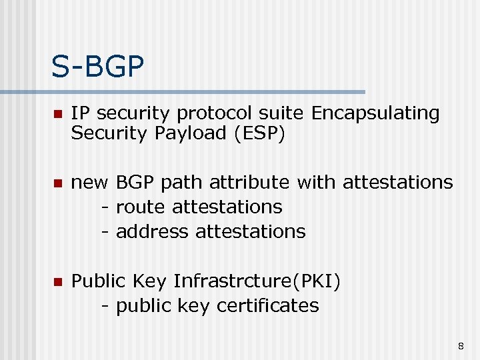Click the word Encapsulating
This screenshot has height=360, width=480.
[375, 114]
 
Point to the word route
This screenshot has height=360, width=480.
[141, 207]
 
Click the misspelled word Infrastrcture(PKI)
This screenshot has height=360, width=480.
[257, 281]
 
